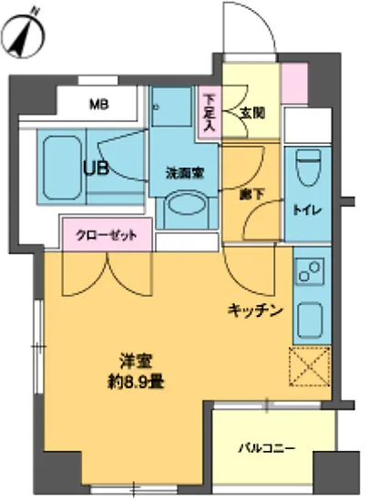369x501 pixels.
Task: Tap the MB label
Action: (x=98, y=104)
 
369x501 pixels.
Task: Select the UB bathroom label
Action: (x=96, y=168)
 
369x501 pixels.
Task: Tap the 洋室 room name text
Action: (x=132, y=359)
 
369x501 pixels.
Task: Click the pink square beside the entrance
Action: (x=295, y=84)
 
